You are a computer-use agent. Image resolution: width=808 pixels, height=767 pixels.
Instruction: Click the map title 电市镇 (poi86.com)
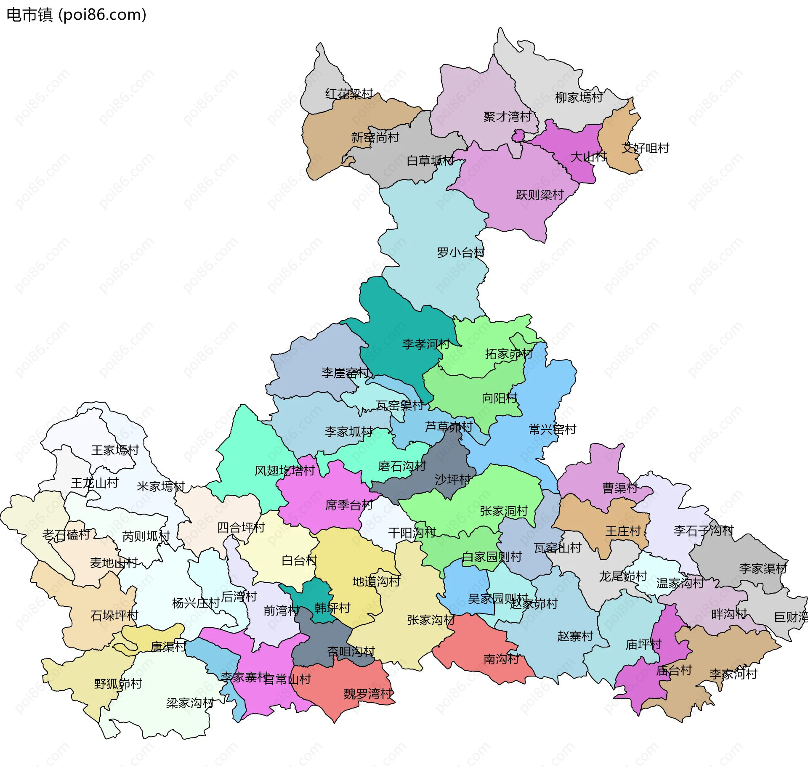[x=77, y=15]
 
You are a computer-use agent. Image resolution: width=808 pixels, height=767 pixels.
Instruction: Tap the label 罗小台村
[x=461, y=252]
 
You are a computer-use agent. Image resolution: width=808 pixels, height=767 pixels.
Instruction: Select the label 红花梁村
[x=349, y=94]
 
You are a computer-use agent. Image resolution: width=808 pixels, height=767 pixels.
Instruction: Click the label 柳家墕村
[x=579, y=98]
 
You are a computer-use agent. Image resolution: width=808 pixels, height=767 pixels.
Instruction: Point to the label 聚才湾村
[x=508, y=117]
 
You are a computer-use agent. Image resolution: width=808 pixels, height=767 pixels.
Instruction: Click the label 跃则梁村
[x=540, y=195]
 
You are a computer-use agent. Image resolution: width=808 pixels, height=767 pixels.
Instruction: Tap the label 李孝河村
[x=426, y=344]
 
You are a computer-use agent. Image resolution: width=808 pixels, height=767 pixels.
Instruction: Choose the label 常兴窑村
[x=553, y=429]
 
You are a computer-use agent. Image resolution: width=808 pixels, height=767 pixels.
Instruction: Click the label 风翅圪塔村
[x=285, y=470]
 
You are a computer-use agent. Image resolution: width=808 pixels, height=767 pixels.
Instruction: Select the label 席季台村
[x=349, y=505]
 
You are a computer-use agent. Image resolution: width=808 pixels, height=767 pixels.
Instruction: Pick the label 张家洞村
[x=504, y=511]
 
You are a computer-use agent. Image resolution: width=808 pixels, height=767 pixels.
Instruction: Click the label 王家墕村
[x=115, y=450]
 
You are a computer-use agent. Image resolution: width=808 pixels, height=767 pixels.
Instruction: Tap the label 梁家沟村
[x=190, y=703]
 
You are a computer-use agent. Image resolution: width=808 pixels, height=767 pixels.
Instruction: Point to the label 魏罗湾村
[x=368, y=694]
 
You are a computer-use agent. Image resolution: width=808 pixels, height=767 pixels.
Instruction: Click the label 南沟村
[x=501, y=659]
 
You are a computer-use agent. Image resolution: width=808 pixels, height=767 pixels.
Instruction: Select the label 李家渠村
[x=763, y=568]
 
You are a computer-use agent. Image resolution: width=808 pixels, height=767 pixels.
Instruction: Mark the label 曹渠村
[x=620, y=488]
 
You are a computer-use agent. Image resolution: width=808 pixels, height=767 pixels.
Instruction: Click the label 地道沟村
[x=376, y=581]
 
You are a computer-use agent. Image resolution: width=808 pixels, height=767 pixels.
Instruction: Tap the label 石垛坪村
[x=114, y=616]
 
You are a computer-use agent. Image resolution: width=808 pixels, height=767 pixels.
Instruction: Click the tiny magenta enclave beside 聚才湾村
[x=518, y=135]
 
